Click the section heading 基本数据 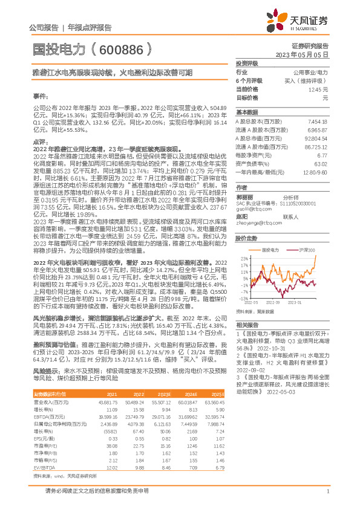(247, 112)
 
